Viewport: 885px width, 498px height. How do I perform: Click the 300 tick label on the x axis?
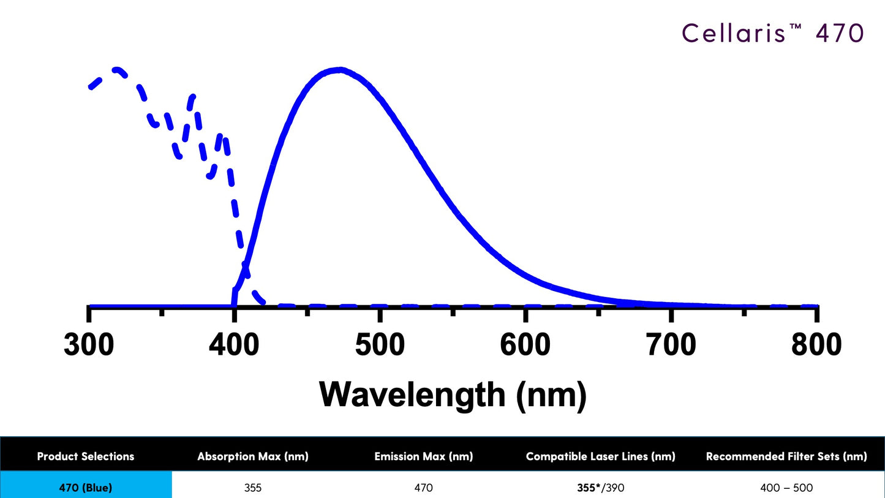tap(89, 345)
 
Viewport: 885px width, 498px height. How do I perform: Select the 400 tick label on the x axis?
tap(234, 345)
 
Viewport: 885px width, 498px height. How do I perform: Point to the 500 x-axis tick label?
tap(380, 345)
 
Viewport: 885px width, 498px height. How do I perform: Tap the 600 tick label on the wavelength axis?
tap(525, 345)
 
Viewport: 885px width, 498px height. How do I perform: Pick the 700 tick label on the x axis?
tap(671, 345)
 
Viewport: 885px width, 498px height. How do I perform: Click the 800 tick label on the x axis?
tap(816, 345)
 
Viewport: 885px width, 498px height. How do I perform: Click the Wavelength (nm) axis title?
tap(453, 394)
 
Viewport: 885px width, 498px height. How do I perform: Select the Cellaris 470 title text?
tap(772, 33)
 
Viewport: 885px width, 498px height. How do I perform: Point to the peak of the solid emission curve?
tap(339, 69)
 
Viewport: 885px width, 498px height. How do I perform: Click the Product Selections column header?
tap(86, 456)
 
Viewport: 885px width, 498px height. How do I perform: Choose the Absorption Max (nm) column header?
tap(252, 456)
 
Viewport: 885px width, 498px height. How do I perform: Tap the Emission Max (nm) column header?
tap(423, 456)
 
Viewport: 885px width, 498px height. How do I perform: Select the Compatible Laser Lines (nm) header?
tap(600, 456)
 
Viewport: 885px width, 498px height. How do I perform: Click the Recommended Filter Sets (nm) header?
tap(786, 456)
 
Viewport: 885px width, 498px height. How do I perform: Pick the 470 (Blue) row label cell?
tap(86, 488)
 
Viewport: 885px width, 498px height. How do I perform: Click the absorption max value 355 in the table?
tap(252, 488)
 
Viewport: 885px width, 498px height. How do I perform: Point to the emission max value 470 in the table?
tap(423, 488)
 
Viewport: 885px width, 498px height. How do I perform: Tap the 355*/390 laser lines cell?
tap(600, 488)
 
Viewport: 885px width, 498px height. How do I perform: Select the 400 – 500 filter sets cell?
tap(786, 488)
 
